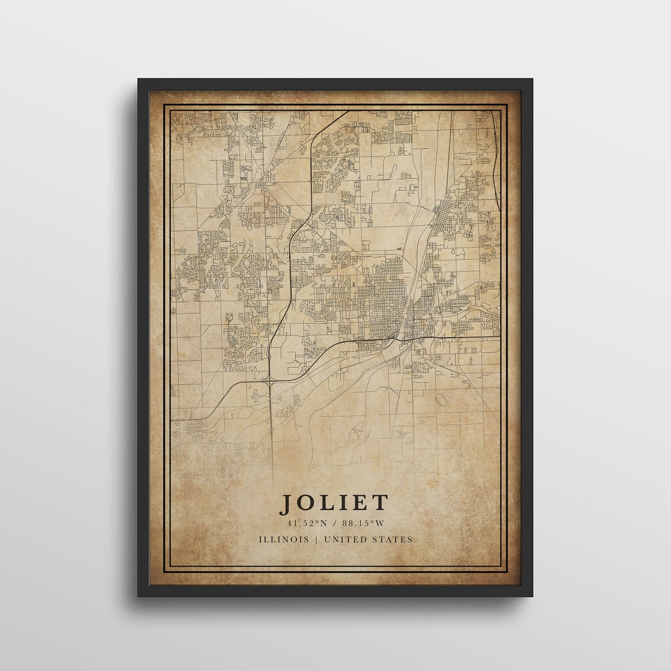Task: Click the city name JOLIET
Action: point(335,503)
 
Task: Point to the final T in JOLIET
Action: point(381,503)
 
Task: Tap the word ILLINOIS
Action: point(284,539)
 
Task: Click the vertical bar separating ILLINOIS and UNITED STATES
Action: point(316,539)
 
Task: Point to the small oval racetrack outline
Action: point(440,399)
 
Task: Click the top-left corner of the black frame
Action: point(139,80)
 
